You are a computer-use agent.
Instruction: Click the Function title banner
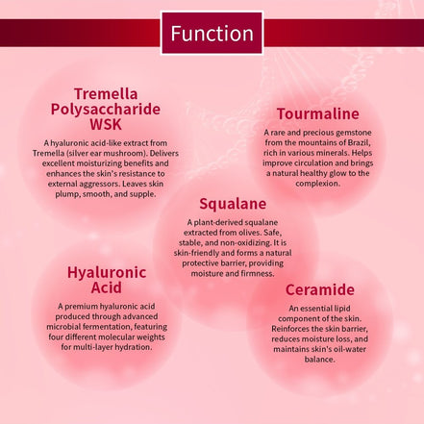[212, 33]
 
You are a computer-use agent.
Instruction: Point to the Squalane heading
[232, 204]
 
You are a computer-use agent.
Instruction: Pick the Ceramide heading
[320, 289]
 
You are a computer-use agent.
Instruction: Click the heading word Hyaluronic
[107, 272]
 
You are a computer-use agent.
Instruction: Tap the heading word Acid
[107, 288]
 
